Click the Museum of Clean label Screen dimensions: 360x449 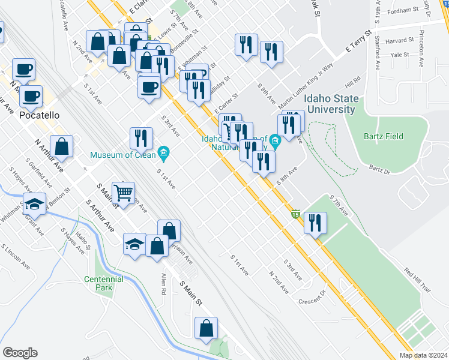pyautogui.click(x=124, y=155)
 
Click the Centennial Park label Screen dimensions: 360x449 pyautogui.click(x=104, y=283)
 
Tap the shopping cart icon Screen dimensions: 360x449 pyautogui.click(x=124, y=193)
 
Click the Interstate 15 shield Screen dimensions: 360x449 pyautogui.click(x=295, y=214)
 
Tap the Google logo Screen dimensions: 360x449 pyautogui.click(x=20, y=352)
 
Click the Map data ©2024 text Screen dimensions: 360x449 pyautogui.click(x=423, y=355)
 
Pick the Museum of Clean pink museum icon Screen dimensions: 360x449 pyautogui.click(x=164, y=154)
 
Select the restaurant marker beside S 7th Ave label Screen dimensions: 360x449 pyautogui.click(x=315, y=223)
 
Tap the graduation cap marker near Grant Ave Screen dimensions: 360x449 pyautogui.click(x=35, y=204)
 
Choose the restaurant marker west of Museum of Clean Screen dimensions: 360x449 pyautogui.click(x=141, y=137)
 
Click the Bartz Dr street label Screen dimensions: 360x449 pyautogui.click(x=379, y=171)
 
